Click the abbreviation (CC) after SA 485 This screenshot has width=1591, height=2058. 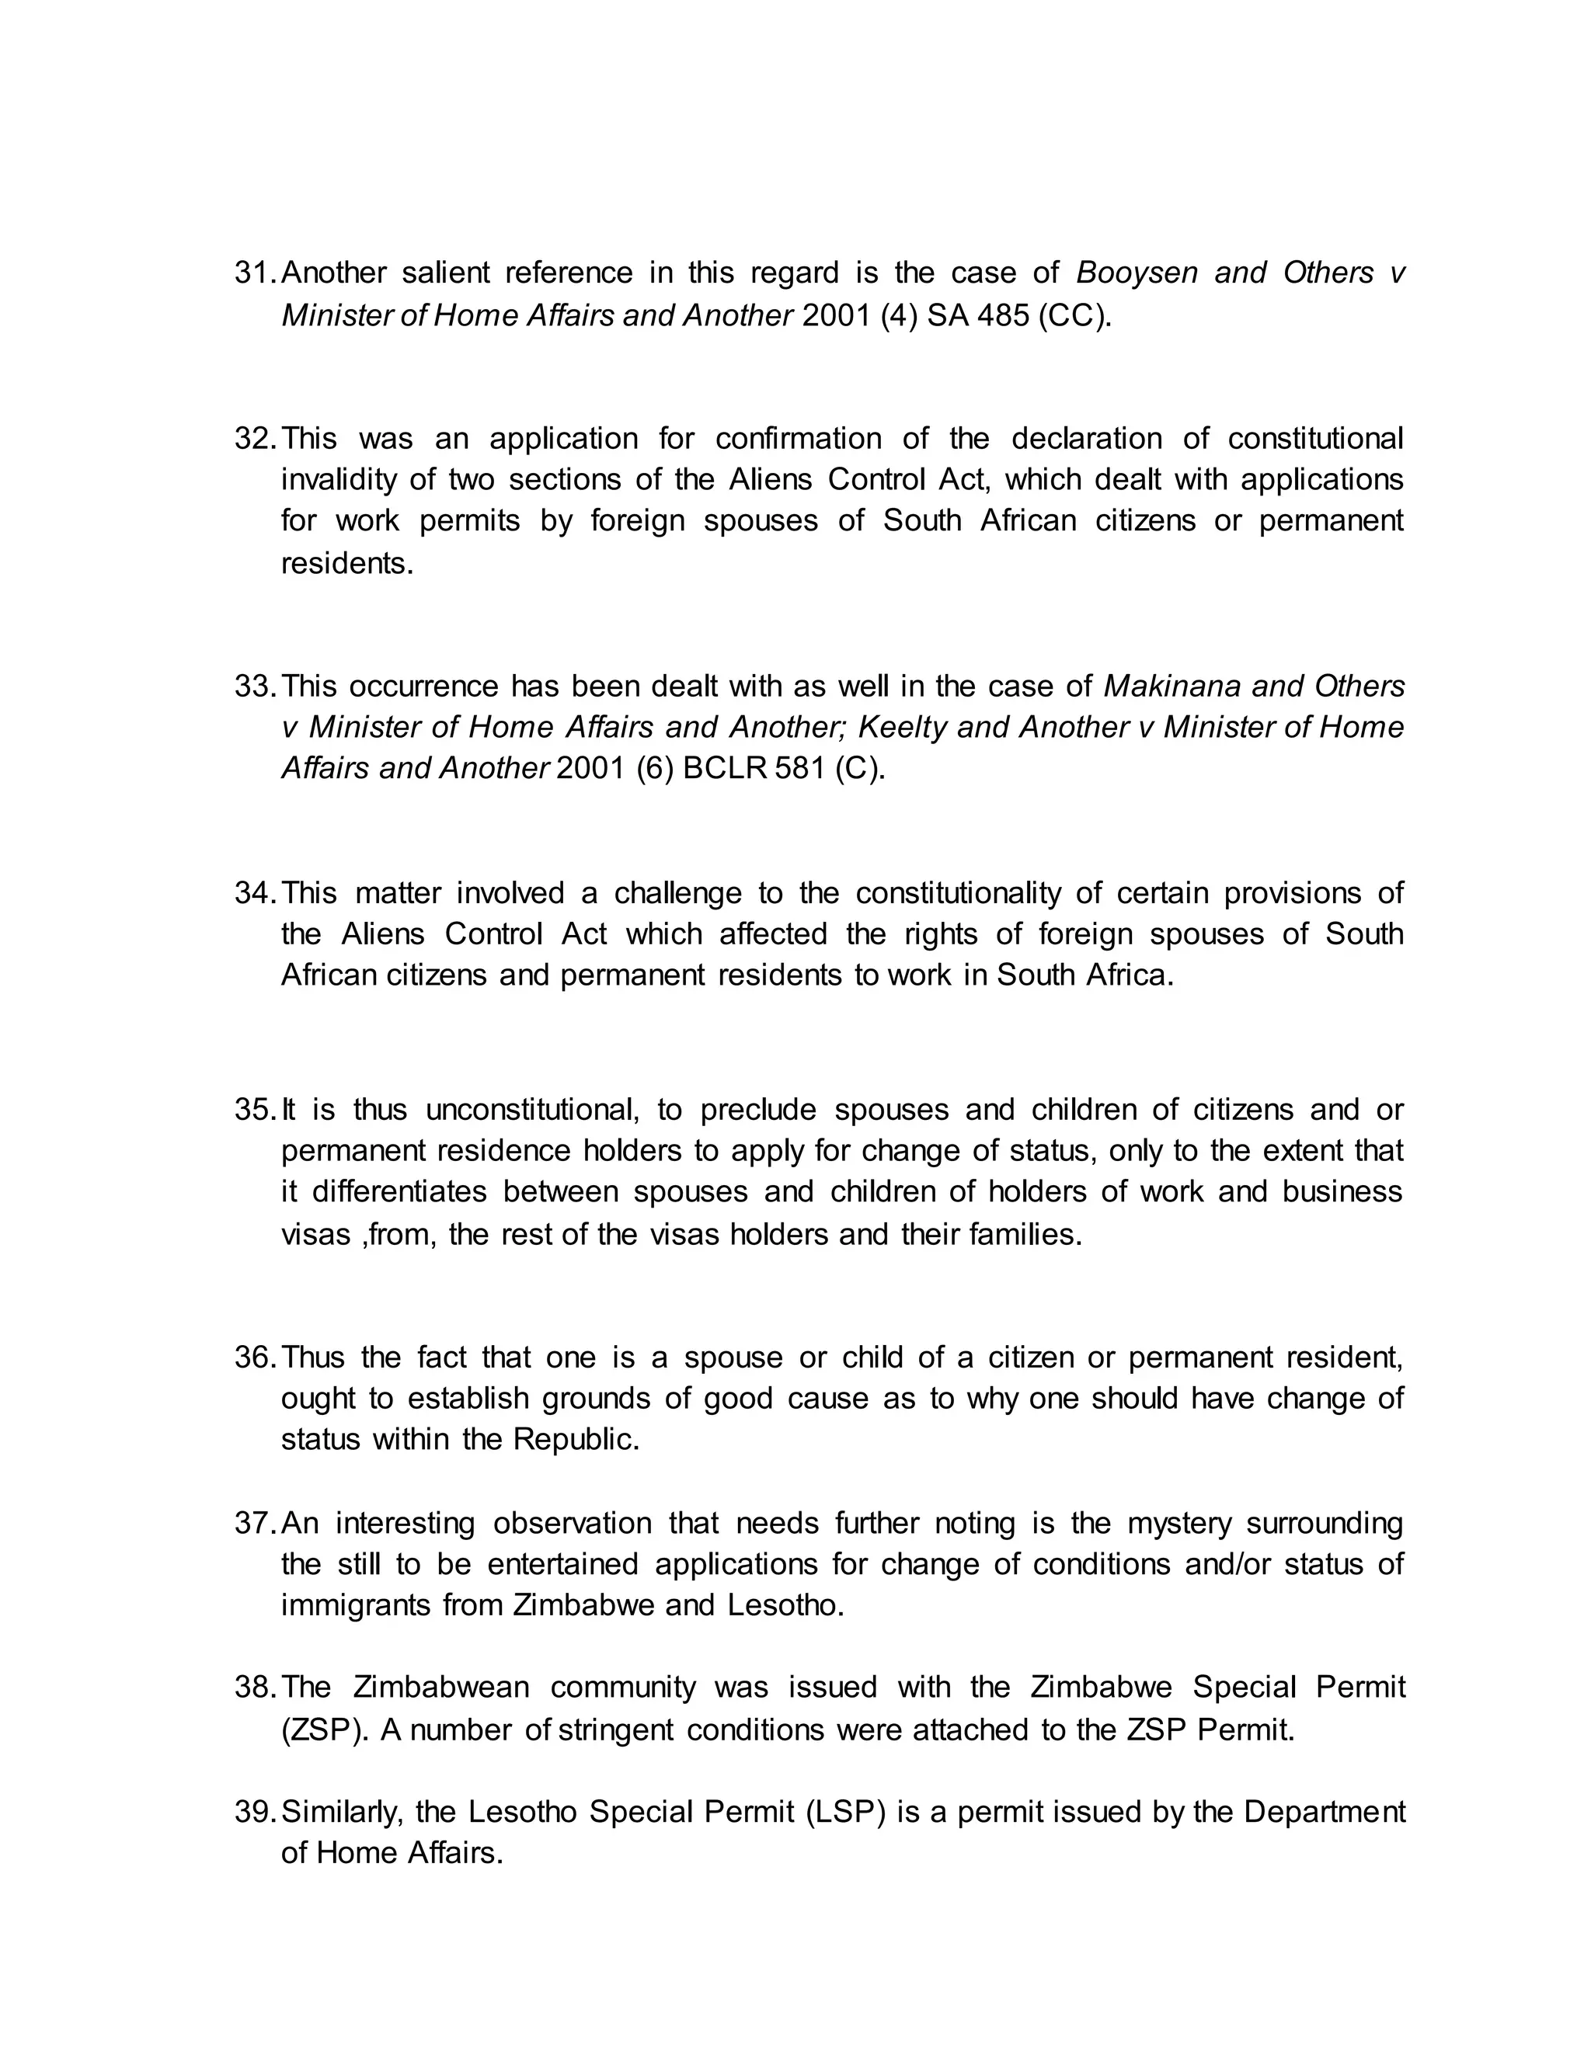(1074, 315)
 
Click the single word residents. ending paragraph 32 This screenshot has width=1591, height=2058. (346, 564)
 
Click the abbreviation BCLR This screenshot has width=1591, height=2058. (725, 769)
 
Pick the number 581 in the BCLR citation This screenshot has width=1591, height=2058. (800, 769)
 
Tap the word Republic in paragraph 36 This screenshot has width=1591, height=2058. (575, 1440)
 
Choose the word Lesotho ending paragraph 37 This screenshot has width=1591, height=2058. (785, 1606)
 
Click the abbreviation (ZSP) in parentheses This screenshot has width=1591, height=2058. (326, 1731)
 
